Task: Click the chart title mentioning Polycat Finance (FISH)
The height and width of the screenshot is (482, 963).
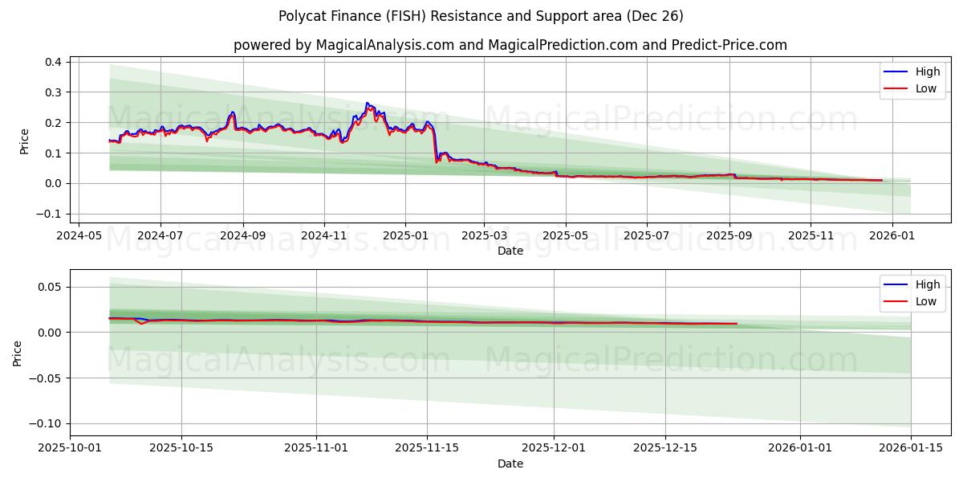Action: [x=481, y=16]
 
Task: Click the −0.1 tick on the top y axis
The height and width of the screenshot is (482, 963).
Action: [x=52, y=214]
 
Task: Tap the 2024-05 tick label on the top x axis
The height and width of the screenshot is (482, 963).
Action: [x=79, y=235]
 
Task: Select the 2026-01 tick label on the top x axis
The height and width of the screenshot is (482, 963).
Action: [x=892, y=235]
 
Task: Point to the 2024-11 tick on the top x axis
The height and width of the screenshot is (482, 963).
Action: [x=323, y=235]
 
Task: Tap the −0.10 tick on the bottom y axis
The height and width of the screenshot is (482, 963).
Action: [x=46, y=423]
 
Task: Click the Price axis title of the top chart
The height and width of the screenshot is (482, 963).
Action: [x=24, y=141]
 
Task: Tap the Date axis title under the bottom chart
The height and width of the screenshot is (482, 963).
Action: [x=510, y=464]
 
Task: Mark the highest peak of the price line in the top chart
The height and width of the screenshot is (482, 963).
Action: [x=367, y=103]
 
